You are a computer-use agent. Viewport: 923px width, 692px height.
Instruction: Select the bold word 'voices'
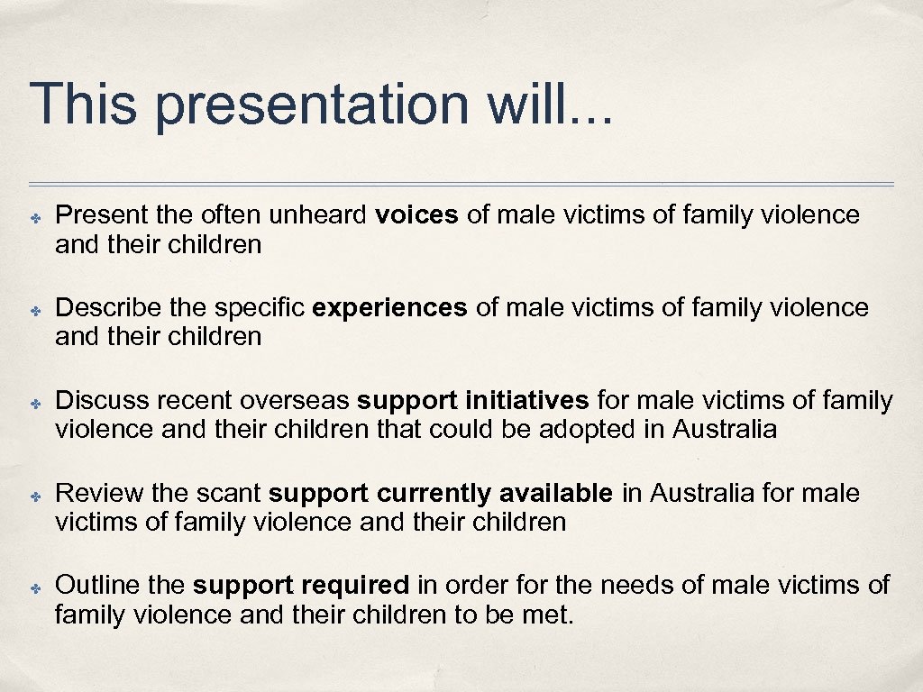[x=416, y=215]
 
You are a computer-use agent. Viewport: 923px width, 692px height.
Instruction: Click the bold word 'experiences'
[x=389, y=308]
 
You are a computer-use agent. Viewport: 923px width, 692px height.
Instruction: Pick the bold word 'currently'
[x=434, y=494]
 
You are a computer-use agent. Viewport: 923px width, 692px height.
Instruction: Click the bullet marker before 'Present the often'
[x=33, y=217]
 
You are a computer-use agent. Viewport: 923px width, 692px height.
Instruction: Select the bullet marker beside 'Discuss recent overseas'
[x=33, y=403]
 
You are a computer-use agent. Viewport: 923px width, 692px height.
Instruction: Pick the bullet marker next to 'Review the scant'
[x=33, y=496]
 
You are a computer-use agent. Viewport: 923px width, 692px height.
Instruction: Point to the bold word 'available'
[x=556, y=494]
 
